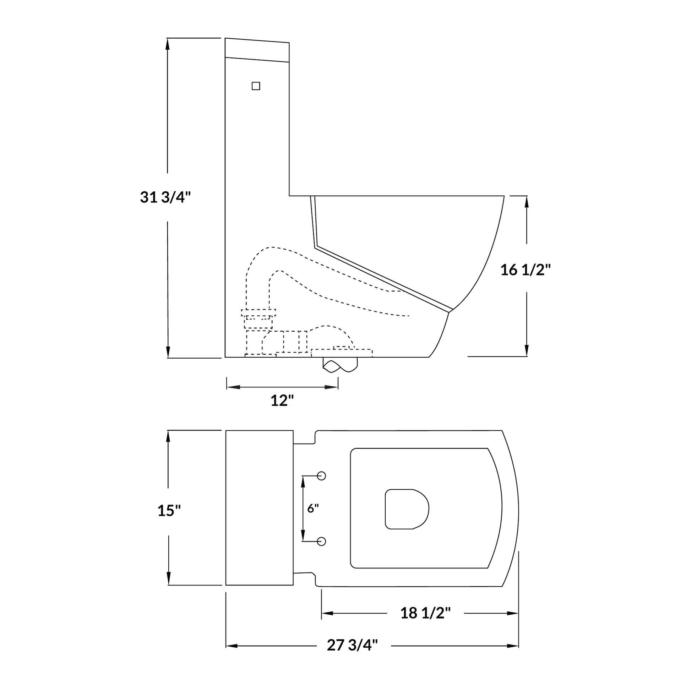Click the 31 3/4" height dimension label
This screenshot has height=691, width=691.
click(165, 197)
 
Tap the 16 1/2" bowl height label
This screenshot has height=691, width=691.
click(525, 270)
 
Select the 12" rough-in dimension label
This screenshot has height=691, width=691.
click(282, 401)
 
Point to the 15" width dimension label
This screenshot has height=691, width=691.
click(169, 510)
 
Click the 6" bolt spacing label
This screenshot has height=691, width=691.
click(312, 508)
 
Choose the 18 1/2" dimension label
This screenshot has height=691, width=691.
click(425, 613)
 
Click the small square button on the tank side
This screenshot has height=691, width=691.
click(256, 86)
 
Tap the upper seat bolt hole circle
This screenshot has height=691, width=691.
click(322, 476)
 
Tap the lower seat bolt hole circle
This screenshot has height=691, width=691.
click(322, 542)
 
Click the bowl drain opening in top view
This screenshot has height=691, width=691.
click(407, 509)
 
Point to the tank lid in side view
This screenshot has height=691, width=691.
click(257, 50)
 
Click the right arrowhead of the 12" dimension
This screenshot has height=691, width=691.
click(332, 387)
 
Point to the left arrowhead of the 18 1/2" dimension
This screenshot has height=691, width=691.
click(327, 613)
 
